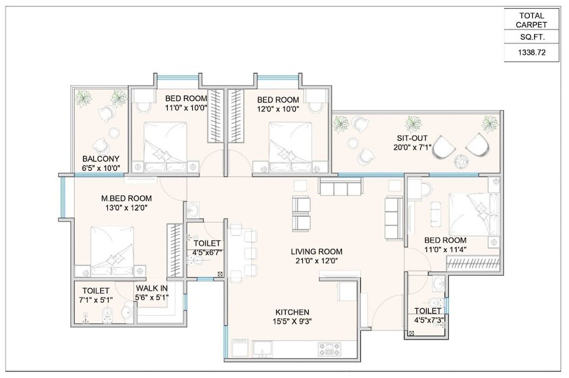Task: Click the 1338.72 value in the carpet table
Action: (532, 53)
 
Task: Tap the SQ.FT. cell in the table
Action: (532, 37)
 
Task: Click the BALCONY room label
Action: (101, 159)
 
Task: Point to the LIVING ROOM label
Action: (317, 251)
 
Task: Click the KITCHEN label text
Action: (292, 312)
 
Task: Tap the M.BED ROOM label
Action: (126, 198)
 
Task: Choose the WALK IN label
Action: (152, 289)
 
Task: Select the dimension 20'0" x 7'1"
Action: (413, 148)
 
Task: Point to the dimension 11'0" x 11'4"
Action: (445, 249)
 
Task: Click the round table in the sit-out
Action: (461, 159)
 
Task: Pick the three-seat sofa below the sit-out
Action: (340, 187)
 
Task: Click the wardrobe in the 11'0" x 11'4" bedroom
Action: (473, 263)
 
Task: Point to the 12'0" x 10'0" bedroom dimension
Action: (278, 109)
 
